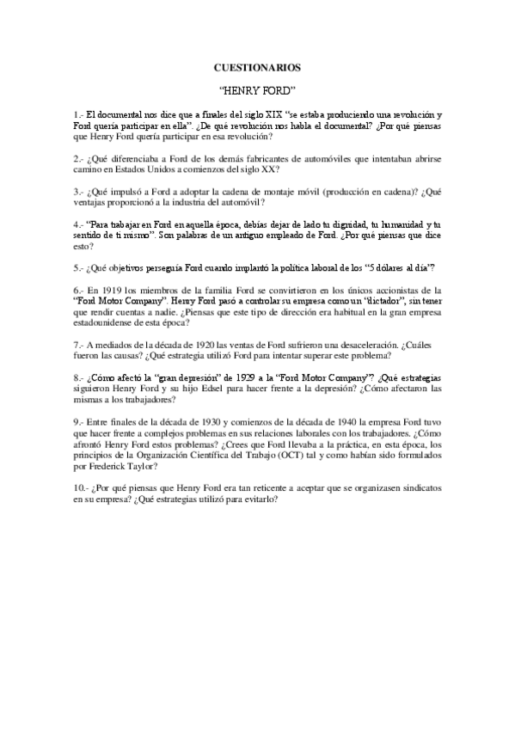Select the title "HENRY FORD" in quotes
(257, 89)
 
